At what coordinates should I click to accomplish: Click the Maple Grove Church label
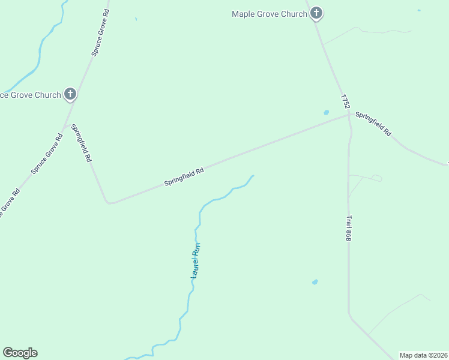[270, 14]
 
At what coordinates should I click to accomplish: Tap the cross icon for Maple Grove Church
[316, 13]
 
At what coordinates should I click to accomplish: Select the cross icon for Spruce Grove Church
[70, 94]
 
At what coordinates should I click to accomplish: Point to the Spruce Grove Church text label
[31, 95]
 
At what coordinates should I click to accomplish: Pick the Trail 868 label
[348, 229]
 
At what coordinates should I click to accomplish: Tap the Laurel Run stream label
[195, 260]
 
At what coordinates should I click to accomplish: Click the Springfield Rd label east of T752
[373, 123]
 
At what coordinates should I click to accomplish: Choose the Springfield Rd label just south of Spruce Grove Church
[81, 143]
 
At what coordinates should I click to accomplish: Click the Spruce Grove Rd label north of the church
[100, 33]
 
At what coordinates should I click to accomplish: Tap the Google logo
[20, 353]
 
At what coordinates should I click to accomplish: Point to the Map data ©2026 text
[423, 355]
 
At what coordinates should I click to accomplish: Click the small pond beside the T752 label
[327, 112]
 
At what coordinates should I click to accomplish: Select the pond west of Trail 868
[315, 281]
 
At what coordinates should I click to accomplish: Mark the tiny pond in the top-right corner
[419, 10]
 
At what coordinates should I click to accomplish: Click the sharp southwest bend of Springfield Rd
[109, 202]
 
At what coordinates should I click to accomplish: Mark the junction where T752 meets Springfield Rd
[349, 115]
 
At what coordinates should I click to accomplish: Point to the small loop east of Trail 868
[376, 178]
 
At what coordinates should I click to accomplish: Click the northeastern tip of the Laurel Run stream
[253, 176]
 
